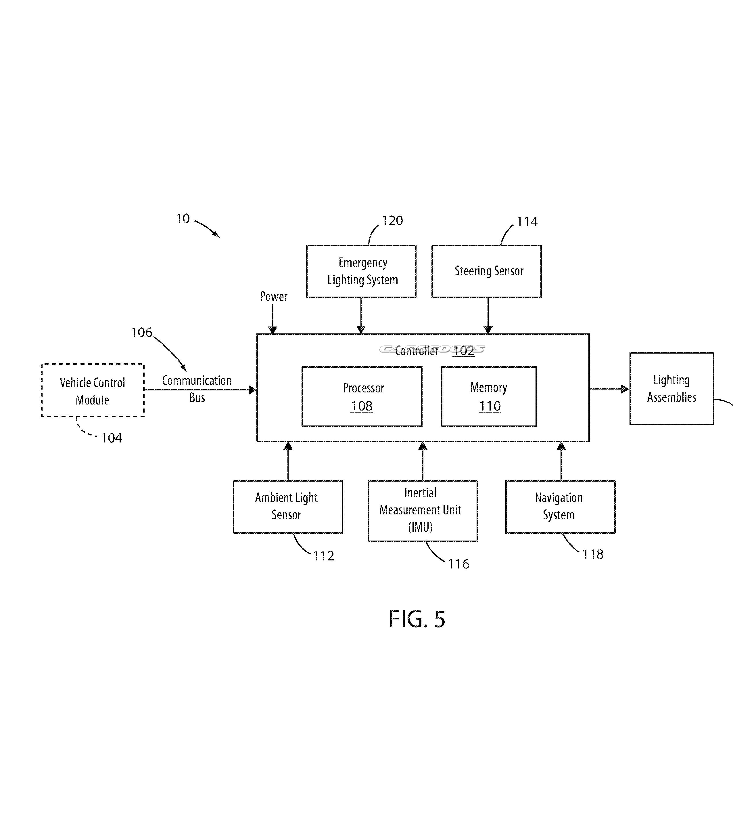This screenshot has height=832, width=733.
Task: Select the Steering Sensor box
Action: tap(486, 271)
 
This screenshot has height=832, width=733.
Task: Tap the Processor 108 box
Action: tap(362, 396)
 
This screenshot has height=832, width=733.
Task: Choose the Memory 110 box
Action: tap(489, 396)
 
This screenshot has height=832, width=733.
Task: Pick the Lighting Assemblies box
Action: tap(671, 389)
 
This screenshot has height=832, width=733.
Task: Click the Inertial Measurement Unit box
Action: tap(422, 511)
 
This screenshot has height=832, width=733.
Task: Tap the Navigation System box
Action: tap(560, 507)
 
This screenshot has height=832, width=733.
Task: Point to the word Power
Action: tap(273, 296)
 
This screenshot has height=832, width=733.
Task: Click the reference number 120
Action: tap(392, 221)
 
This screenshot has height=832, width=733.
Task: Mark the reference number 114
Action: tap(527, 222)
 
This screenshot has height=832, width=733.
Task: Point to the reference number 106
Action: tap(141, 333)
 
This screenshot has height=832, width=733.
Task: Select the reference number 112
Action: tap(323, 556)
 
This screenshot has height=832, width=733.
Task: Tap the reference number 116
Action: tap(458, 564)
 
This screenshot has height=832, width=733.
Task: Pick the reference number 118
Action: tap(593, 554)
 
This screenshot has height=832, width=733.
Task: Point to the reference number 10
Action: tap(183, 219)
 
